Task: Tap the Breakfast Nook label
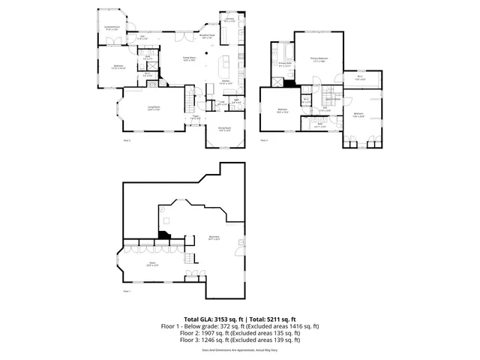click(x=207, y=35)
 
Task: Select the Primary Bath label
click(x=285, y=65)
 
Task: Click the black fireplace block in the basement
click(x=163, y=235)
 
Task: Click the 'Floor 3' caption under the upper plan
click(x=263, y=139)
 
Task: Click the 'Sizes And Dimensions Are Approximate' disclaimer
click(x=240, y=349)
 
